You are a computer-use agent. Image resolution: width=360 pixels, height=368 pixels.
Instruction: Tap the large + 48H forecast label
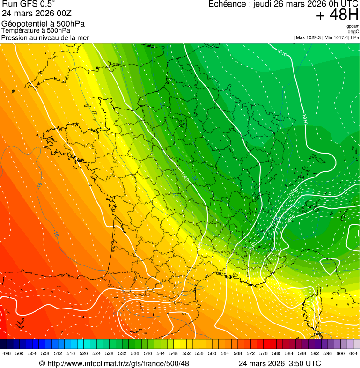pyautogui.click(x=337, y=15)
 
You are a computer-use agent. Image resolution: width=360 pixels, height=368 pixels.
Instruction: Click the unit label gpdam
pyautogui.click(x=353, y=26)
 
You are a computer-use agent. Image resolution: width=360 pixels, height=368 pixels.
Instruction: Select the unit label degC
pyautogui.click(x=354, y=32)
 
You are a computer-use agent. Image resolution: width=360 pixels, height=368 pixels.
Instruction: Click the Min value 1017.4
pyautogui.click(x=341, y=37)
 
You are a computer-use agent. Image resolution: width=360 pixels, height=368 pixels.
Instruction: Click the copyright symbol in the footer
pyautogui.click(x=42, y=364)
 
